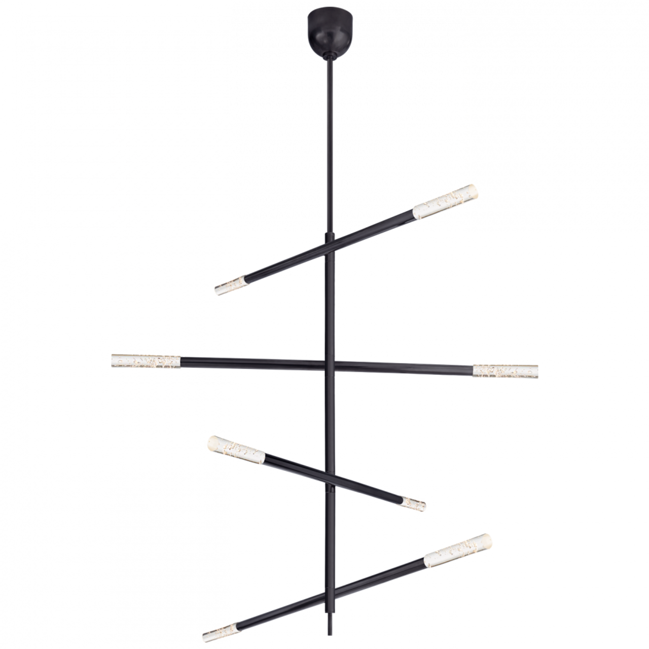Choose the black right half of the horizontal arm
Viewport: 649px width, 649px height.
pyautogui.click(x=406, y=367)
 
